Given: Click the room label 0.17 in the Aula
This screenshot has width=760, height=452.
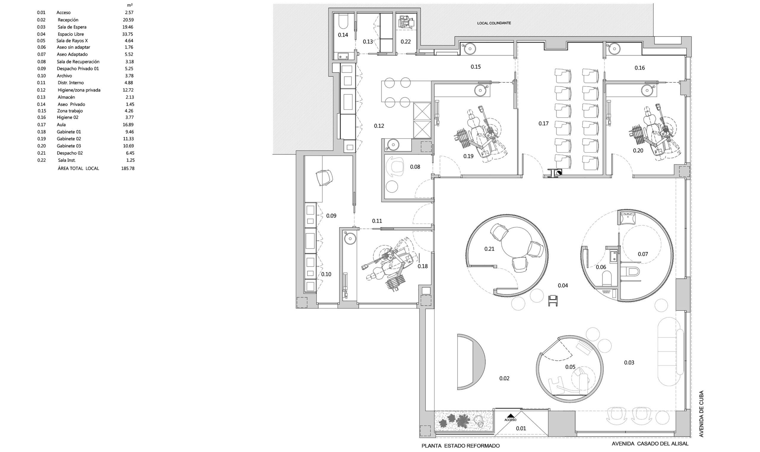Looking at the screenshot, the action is [543, 123].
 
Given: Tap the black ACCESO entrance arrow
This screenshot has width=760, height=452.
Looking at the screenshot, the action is [511, 415].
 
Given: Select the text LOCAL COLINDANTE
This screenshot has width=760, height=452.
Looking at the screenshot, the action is [494, 23].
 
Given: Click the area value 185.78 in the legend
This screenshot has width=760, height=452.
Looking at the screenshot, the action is [128, 168].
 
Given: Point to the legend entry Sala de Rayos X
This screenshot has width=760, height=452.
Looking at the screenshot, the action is [72, 40].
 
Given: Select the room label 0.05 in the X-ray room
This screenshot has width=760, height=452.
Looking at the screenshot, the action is [570, 367].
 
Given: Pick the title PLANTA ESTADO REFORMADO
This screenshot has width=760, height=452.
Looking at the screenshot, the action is [460, 445].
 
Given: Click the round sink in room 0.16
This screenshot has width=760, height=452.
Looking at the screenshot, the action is [615, 48].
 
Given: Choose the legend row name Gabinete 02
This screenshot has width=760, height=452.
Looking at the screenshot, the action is [69, 139].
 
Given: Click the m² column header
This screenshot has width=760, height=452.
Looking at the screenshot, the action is [130, 5].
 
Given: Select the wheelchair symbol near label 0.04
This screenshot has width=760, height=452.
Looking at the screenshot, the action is [553, 301].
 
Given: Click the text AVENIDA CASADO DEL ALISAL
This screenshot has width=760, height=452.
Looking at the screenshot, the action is [649, 444].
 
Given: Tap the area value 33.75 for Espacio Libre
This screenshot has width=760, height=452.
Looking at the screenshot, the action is [128, 34].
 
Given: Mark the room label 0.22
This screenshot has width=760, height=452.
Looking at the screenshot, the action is [406, 42].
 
